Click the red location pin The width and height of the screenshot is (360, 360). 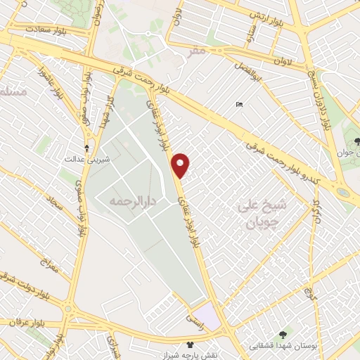pyautogui.click(x=181, y=165)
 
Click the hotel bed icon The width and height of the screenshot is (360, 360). pyautogui.click(x=240, y=105)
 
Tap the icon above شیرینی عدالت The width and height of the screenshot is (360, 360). pyautogui.click(x=86, y=148)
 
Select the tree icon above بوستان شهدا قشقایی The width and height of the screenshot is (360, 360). pyautogui.click(x=283, y=335)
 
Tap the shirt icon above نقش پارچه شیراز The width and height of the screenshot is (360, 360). pyautogui.click(x=189, y=345)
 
